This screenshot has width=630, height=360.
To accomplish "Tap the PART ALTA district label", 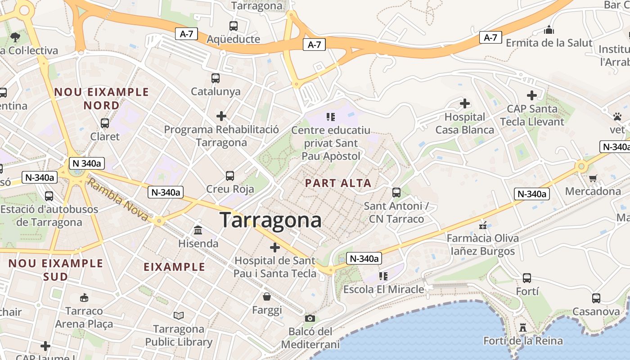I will coord(338,183).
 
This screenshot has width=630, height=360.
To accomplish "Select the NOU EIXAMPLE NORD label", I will coord(101,99).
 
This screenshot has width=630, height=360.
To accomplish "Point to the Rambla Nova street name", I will coord(117,199).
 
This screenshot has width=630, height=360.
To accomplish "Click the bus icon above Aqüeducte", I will coord(233,26).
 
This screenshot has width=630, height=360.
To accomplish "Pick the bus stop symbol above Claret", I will coord(105,123).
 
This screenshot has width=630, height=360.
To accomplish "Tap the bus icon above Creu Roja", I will coord(230,175).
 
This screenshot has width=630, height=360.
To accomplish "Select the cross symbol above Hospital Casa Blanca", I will coord(465,104).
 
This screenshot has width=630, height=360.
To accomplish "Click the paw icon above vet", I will coord(617,117).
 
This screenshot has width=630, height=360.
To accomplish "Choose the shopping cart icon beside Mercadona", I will coord(593,178).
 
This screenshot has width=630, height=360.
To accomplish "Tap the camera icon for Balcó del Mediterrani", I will coord(310,319).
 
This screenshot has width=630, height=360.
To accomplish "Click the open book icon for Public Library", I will coord(179,315).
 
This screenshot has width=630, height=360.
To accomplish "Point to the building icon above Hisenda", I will coord(198,230).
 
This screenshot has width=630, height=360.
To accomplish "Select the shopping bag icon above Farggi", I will coord(267,297).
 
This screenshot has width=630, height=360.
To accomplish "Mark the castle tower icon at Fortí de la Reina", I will coord(522,327).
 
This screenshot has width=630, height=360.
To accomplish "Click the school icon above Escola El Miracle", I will coord(383,276).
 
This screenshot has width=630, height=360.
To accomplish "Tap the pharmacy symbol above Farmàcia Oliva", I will coord(483,225).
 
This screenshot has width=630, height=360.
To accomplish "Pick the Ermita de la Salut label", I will coord(549,43).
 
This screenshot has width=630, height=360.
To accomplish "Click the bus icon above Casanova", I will coord(596,298).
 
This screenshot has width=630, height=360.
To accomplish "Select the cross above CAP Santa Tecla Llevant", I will coord(532,95).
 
